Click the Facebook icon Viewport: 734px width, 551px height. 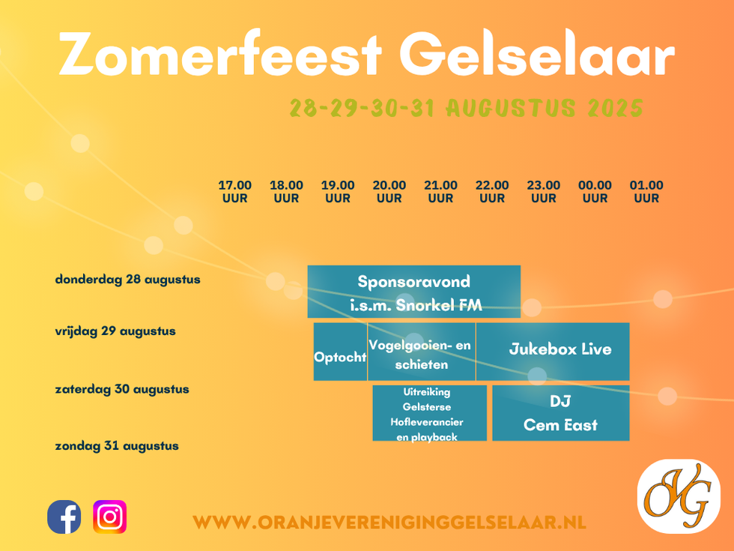[x=64, y=517]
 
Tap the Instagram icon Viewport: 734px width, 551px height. [x=110, y=517]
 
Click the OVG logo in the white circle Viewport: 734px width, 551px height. [x=679, y=496]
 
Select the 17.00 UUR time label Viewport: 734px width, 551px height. [x=235, y=192]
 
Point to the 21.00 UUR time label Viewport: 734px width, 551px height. [x=440, y=192]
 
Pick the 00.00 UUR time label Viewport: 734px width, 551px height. [x=595, y=192]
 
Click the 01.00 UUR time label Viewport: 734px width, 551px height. [x=646, y=192]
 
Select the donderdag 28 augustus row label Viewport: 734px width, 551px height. [x=128, y=279]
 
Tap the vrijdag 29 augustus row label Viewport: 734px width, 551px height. [x=115, y=331]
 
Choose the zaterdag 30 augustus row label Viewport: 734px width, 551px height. [x=122, y=389]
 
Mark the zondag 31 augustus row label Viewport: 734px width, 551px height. [x=117, y=445]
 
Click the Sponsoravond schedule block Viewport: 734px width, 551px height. [x=413, y=292]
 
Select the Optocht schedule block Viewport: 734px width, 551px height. [x=340, y=352]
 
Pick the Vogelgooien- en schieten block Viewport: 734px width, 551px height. [x=421, y=352]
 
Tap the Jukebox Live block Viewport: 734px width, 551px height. [x=553, y=352]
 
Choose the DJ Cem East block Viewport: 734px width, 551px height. [x=561, y=413]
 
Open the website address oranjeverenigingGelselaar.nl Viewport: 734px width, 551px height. [x=389, y=523]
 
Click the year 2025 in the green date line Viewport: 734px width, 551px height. [x=616, y=108]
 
